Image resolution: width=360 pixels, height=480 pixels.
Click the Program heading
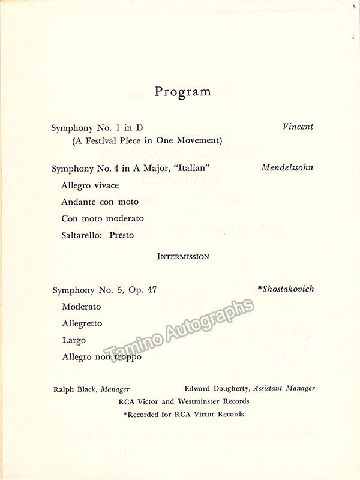click(183, 92)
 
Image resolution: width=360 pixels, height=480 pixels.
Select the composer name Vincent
click(298, 127)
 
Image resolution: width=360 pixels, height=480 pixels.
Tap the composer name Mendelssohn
click(287, 167)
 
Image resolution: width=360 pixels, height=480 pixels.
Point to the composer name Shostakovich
click(287, 289)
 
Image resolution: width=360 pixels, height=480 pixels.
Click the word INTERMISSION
click(183, 256)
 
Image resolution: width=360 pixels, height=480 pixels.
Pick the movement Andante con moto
click(100, 202)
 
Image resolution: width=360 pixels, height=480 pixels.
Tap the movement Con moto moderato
click(103, 218)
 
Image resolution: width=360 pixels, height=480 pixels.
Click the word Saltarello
click(83, 235)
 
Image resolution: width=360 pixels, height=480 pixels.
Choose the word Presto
click(122, 235)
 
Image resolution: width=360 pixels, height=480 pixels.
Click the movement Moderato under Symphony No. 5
click(82, 307)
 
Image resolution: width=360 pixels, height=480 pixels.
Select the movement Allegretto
click(82, 323)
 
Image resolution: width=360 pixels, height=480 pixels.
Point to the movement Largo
click(74, 340)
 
